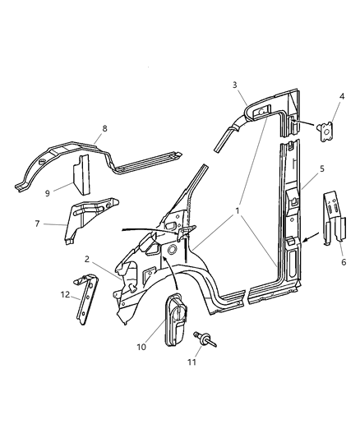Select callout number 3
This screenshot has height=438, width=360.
(x=235, y=85)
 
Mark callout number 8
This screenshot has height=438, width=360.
(x=104, y=127)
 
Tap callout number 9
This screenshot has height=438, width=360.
(x=47, y=194)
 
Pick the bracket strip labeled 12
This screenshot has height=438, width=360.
(x=85, y=297)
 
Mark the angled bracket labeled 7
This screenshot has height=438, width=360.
(x=92, y=215)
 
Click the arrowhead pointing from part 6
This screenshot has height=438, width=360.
(x=303, y=239)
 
